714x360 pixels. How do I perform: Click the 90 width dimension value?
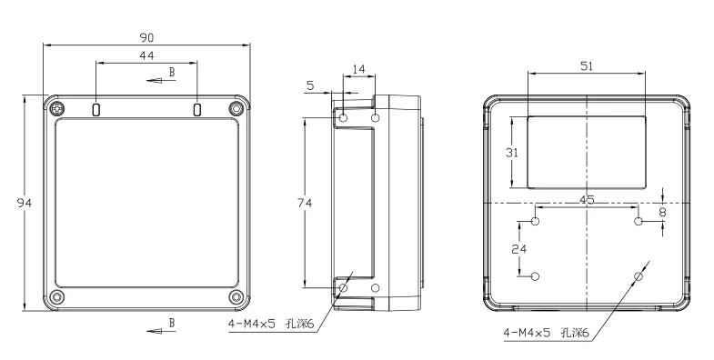pos(146,37)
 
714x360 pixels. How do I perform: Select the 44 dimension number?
pos(146,55)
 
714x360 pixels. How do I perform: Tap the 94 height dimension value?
pos(25,203)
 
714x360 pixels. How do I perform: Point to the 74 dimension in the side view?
pos(305,203)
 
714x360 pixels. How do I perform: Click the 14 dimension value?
pos(359,69)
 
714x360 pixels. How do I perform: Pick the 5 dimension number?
pos(310,85)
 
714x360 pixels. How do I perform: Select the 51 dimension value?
pos(587,66)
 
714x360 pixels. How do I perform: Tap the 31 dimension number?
pos(512,153)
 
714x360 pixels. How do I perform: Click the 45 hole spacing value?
pos(587,200)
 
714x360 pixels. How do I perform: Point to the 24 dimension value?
pos(519,249)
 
